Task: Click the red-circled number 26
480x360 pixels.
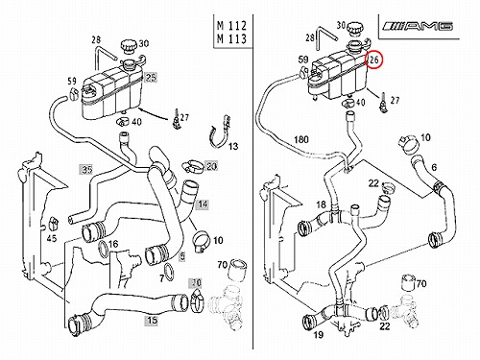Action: coord(374,60)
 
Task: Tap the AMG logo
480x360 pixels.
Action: coord(419,26)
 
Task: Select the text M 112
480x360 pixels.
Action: coord(232,25)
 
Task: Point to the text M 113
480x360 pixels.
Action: coord(232,39)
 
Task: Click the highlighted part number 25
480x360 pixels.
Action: coord(151,77)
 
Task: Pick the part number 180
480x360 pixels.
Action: coord(301,139)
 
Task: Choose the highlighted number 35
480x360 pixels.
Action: coord(86,169)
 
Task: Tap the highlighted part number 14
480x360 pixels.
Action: coord(203,204)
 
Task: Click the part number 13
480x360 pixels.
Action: coord(233,147)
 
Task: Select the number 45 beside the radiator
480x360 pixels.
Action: coord(52,238)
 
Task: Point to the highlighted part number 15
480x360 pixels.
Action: coord(152,320)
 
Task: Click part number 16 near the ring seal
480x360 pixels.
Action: coord(113,245)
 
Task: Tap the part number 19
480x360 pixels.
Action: coord(318,335)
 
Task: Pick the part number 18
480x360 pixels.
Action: coord(321,204)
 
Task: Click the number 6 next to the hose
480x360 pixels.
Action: coord(434,167)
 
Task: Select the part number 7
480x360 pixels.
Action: coord(162,278)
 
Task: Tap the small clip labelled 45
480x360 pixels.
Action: coord(53,224)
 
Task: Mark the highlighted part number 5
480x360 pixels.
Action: coord(181,257)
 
